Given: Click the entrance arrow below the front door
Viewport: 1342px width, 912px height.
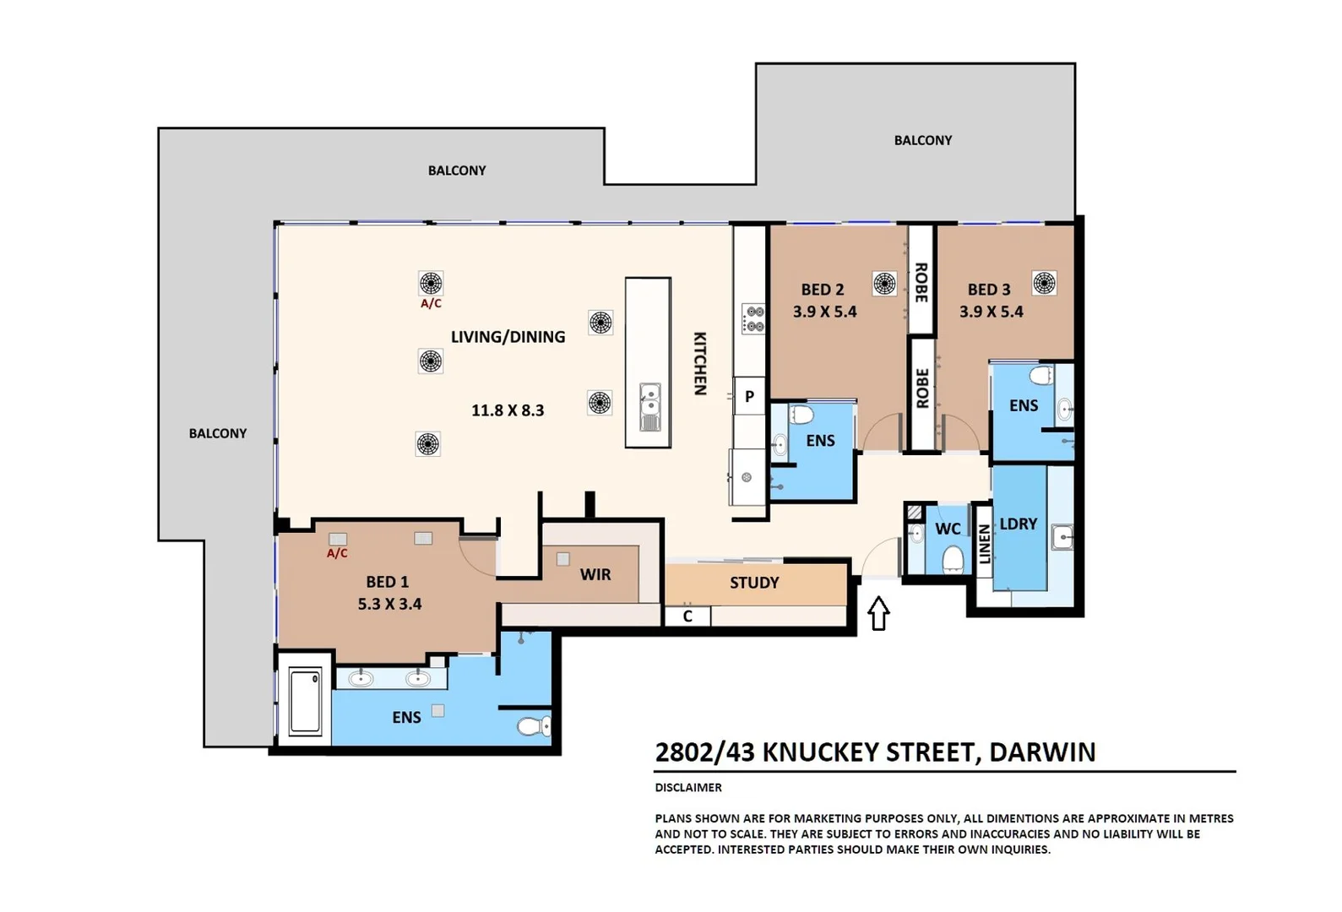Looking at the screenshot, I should click(878, 613).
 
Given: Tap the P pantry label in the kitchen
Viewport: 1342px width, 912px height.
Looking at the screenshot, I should click(749, 396).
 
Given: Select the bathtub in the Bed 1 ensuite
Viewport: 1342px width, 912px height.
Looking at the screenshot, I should click(305, 701).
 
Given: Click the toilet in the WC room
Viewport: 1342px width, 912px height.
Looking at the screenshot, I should click(953, 559).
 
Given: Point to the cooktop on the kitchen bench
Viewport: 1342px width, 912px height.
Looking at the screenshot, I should click(753, 319).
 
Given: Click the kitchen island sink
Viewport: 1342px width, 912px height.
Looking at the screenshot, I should click(649, 406).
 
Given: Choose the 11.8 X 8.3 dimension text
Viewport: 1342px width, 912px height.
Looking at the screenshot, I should click(508, 410).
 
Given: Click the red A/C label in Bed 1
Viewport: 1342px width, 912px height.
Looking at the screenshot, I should click(337, 553).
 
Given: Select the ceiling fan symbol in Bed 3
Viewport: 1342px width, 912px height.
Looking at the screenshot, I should click(1045, 283).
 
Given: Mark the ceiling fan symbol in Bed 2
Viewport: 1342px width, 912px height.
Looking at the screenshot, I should click(884, 283).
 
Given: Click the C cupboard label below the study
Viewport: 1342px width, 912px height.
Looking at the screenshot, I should click(687, 616).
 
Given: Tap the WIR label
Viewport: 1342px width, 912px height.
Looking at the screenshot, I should click(595, 574).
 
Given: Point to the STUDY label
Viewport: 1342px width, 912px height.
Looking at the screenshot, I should click(754, 583).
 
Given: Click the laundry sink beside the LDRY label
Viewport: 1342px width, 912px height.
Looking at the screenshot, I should click(1062, 535).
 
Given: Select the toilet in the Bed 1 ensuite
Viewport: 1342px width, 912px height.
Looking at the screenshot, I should click(533, 726).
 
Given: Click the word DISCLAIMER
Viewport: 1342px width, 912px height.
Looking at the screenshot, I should click(688, 787).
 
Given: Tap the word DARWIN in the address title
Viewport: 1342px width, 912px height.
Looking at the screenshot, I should click(1042, 752).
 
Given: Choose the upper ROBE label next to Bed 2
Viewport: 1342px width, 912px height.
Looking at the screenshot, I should click(921, 282).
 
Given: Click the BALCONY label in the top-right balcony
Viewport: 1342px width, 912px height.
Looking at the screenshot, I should click(923, 140).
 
